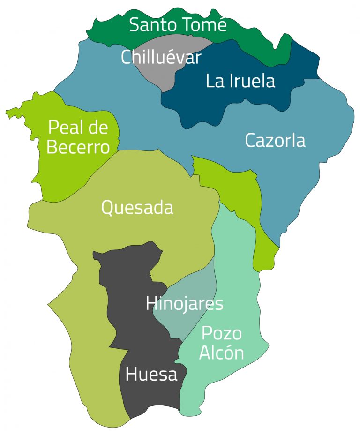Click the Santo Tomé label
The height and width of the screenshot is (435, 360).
tap(178, 25)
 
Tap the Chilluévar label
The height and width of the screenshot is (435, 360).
tap(161, 58)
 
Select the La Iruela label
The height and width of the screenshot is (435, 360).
tap(240, 81)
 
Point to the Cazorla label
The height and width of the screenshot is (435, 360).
tap(275, 141)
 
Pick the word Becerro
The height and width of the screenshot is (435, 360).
tap(78, 147)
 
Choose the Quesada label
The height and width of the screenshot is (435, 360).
tap(137, 208)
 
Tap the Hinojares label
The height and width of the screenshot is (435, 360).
tap(184, 304)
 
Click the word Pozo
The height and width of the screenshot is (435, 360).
tap(222, 334)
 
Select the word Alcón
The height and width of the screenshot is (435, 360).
tap(222, 353)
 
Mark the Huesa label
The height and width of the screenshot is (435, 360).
tap(151, 375)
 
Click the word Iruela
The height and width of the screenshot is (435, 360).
tap(253, 81)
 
